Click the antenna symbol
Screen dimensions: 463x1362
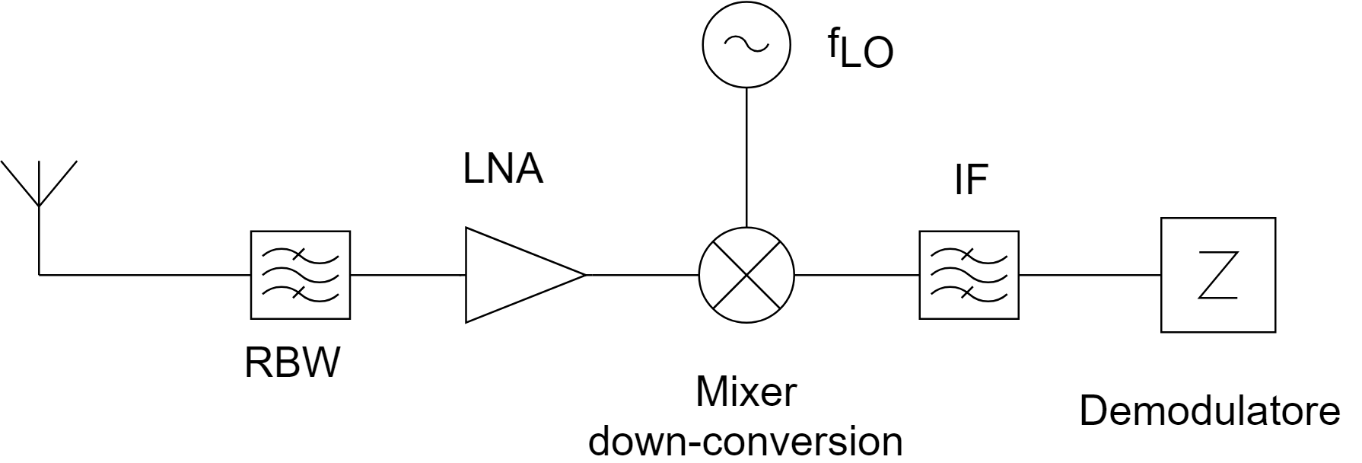pyautogui.click(x=40, y=187)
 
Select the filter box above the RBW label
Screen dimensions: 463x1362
pyautogui.click(x=301, y=275)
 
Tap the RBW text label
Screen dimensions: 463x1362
pyautogui.click(x=291, y=363)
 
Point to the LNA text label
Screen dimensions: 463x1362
pyautogui.click(x=503, y=170)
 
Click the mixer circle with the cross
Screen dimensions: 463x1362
pyautogui.click(x=746, y=275)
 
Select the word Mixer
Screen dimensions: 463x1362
pyautogui.click(x=746, y=393)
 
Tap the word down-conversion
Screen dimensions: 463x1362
pyautogui.click(x=746, y=441)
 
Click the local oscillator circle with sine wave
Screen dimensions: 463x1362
pyautogui.click(x=746, y=44)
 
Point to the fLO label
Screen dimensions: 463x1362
pyautogui.click(x=860, y=50)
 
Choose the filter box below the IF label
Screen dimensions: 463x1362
pyautogui.click(x=969, y=275)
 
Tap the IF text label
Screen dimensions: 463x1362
pyautogui.click(x=970, y=181)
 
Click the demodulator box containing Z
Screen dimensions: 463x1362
pyautogui.click(x=1217, y=275)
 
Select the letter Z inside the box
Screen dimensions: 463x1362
pyautogui.click(x=1217, y=276)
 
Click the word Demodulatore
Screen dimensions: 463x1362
pyautogui.click(x=1209, y=412)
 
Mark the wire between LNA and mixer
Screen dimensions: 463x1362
pyautogui.click(x=642, y=275)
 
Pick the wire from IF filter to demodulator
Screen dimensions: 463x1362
pyautogui.click(x=1089, y=275)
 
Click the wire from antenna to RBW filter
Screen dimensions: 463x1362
pyautogui.click(x=145, y=275)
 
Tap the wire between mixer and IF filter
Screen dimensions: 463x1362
pyautogui.click(x=857, y=275)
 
